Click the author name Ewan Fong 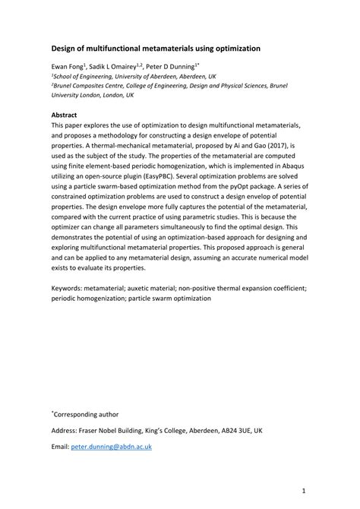coord(66,68)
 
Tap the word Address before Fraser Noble coord(67,430)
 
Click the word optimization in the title coord(233,48)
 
